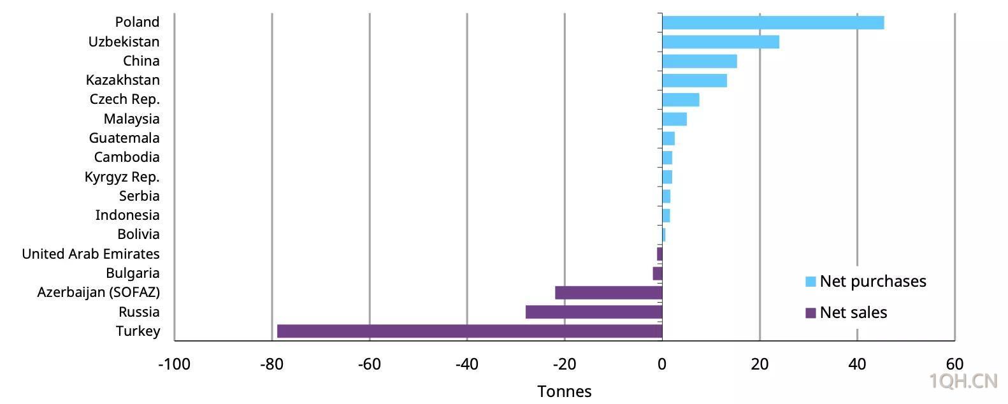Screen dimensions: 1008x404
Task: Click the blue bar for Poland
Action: [x=773, y=22]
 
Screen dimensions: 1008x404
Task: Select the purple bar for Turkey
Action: [x=470, y=331]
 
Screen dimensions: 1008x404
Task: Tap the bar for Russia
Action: [x=594, y=312]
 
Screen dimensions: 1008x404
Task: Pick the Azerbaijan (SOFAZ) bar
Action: [x=609, y=292]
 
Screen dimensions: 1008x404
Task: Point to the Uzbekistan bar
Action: [x=721, y=42]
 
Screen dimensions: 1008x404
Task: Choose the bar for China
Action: [x=700, y=61]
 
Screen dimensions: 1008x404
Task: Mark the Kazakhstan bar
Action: [x=695, y=80]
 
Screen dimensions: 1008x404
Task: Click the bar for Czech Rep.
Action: [x=681, y=100]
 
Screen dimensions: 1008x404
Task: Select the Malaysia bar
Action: [x=675, y=119]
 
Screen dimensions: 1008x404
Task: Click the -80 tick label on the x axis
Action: [x=272, y=364]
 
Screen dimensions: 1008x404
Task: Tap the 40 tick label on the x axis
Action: [x=857, y=364]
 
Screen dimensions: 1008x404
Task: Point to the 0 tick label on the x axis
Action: [x=662, y=364]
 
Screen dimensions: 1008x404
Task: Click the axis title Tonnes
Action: [x=565, y=391]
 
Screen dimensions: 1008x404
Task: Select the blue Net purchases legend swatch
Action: [x=810, y=282]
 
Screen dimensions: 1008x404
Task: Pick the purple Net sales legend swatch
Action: [x=810, y=313]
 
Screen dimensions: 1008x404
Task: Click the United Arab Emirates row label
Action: [x=91, y=254]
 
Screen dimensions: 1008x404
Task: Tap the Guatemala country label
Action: [x=124, y=138]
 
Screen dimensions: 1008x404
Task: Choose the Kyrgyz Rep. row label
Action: [x=122, y=177]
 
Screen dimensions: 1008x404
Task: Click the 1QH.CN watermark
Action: [x=963, y=381]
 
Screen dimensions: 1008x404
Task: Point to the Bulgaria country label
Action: [x=133, y=273]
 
